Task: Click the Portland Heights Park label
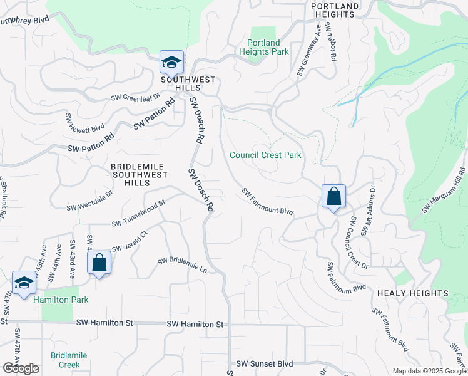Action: [x=268, y=47]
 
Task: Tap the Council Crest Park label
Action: [x=265, y=155]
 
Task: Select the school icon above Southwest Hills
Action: [x=171, y=63]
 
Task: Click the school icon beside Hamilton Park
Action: [x=24, y=283]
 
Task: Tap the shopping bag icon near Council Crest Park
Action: [x=334, y=196]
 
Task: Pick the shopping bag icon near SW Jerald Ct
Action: [x=99, y=263]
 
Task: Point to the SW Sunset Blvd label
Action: [x=265, y=363]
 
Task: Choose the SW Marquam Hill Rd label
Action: [x=444, y=190]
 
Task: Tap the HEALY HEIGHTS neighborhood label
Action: [x=412, y=293]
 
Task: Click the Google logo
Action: [x=21, y=368]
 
